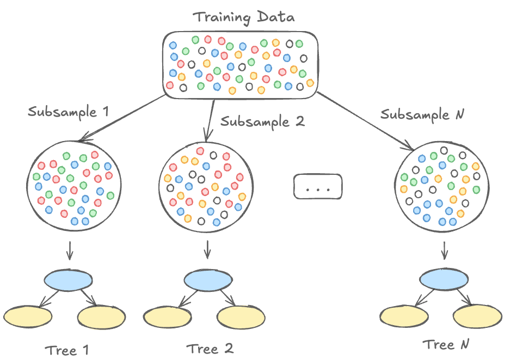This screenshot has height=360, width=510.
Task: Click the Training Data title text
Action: tap(244, 16)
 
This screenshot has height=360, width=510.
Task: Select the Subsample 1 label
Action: tap(69, 113)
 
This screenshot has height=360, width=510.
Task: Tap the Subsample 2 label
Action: tap(262, 121)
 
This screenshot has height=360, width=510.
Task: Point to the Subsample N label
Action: tap(422, 115)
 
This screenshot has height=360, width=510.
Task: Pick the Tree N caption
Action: tap(446, 344)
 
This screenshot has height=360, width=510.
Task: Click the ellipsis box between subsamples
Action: tap(317, 187)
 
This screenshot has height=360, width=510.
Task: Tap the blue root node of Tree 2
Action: tap(208, 280)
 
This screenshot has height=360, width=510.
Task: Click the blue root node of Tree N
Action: tap(444, 279)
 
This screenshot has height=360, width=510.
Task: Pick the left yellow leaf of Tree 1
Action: tap(28, 316)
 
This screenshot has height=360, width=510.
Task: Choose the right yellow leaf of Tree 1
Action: tap(102, 316)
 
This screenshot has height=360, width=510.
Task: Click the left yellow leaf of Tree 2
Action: tap(168, 315)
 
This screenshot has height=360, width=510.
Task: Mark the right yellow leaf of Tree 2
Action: tap(242, 316)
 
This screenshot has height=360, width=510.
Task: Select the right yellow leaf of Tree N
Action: tap(476, 316)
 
